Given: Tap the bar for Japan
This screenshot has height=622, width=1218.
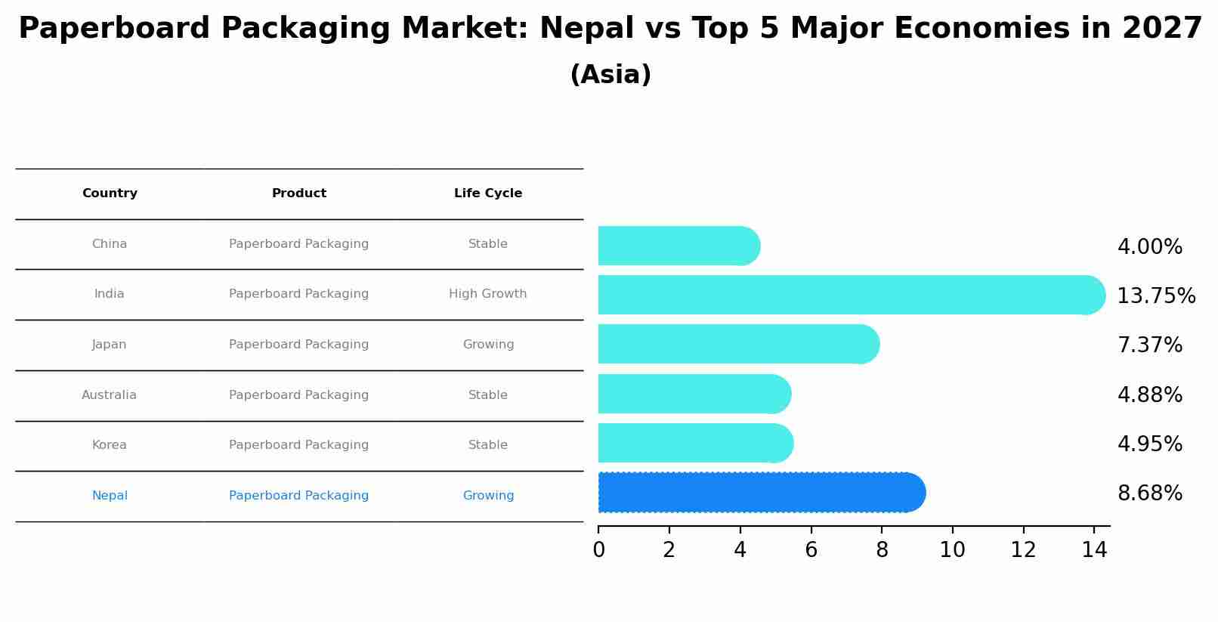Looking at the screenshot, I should click(737, 344).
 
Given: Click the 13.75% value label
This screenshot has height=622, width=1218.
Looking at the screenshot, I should click(1155, 296).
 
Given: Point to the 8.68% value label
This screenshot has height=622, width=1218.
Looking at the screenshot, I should click(1149, 494).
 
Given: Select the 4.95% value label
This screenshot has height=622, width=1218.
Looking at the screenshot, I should click(1149, 444).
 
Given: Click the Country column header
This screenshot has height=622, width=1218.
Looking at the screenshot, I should click(110, 193).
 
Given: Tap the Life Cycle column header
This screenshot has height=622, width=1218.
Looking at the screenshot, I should click(488, 193).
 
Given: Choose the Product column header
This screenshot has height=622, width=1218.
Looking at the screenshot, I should click(299, 193).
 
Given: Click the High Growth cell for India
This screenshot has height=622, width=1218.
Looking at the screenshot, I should click(488, 294).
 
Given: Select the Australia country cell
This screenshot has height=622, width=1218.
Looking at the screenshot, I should click(110, 395).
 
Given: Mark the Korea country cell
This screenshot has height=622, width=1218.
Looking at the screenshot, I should click(110, 445).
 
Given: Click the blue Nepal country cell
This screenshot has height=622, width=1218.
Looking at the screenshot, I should click(110, 496).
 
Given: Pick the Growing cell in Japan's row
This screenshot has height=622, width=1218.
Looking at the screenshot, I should click(488, 345).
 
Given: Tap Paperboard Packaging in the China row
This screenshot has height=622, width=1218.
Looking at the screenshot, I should click(299, 244).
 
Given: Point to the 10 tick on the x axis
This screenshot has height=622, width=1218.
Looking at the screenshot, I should click(952, 550).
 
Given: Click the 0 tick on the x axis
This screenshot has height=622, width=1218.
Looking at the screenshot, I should click(598, 550).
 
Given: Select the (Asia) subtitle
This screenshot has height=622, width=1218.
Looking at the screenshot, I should click(611, 75).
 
